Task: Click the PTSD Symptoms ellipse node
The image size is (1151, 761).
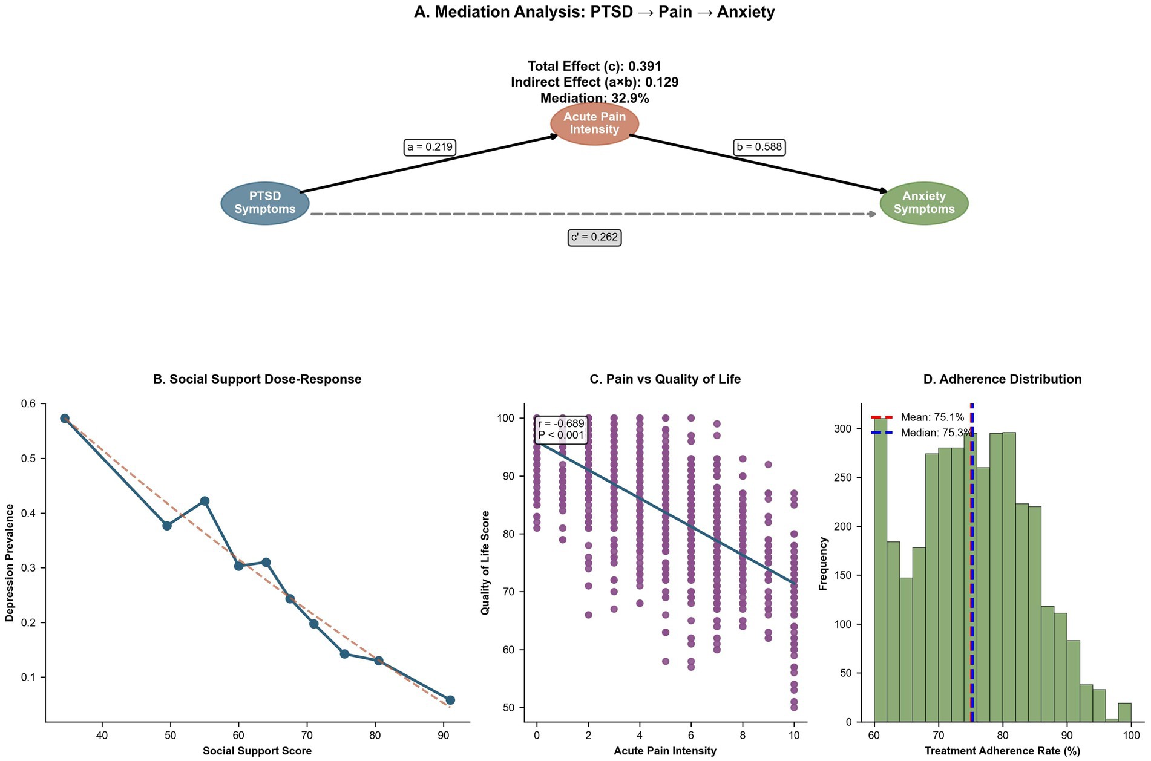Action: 265,203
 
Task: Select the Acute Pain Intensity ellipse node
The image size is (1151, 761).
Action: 594,123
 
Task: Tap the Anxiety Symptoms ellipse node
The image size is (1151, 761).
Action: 923,203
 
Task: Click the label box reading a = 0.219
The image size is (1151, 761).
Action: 430,147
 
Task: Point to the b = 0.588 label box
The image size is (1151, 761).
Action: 759,147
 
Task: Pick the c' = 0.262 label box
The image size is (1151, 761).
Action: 595,237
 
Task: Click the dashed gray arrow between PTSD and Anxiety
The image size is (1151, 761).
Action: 593,214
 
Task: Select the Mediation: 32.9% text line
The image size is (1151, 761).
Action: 594,98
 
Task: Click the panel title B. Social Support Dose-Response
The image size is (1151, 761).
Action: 257,379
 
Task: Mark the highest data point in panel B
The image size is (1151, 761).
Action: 65,419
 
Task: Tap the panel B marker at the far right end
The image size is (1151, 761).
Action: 450,700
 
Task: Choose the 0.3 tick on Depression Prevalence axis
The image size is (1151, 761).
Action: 29,568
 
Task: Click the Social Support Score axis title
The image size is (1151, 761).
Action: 257,751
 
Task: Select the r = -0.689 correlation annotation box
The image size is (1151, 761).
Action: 561,429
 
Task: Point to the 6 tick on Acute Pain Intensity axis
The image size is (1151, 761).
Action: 691,736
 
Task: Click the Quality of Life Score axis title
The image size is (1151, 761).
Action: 485,563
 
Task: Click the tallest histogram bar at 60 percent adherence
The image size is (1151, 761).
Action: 880,569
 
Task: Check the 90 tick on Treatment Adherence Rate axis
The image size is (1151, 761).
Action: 1067,736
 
